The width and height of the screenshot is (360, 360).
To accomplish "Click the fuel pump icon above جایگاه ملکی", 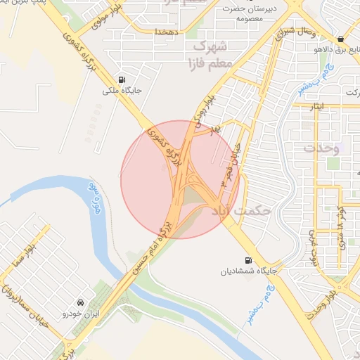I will (123, 79).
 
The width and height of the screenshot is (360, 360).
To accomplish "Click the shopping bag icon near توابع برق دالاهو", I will (341, 38).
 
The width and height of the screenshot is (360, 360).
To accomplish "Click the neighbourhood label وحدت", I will (321, 149).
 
